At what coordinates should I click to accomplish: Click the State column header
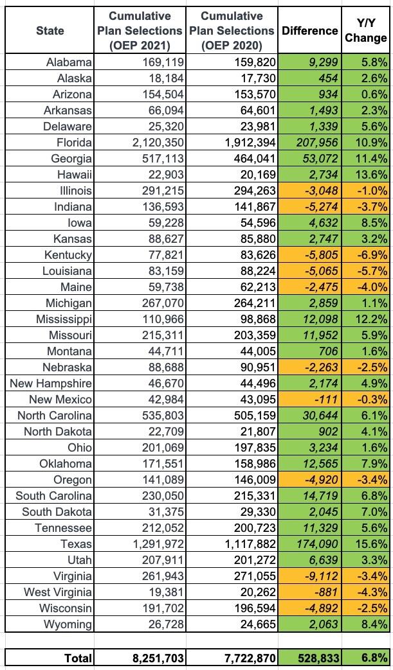[x=49, y=30]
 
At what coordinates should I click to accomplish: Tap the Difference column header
[x=309, y=30]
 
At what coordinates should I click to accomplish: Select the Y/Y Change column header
[x=365, y=30]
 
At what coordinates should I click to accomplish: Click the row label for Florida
[x=74, y=142]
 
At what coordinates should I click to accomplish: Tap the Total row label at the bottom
[x=78, y=658]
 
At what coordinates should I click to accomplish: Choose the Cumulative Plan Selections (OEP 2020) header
[x=232, y=30]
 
